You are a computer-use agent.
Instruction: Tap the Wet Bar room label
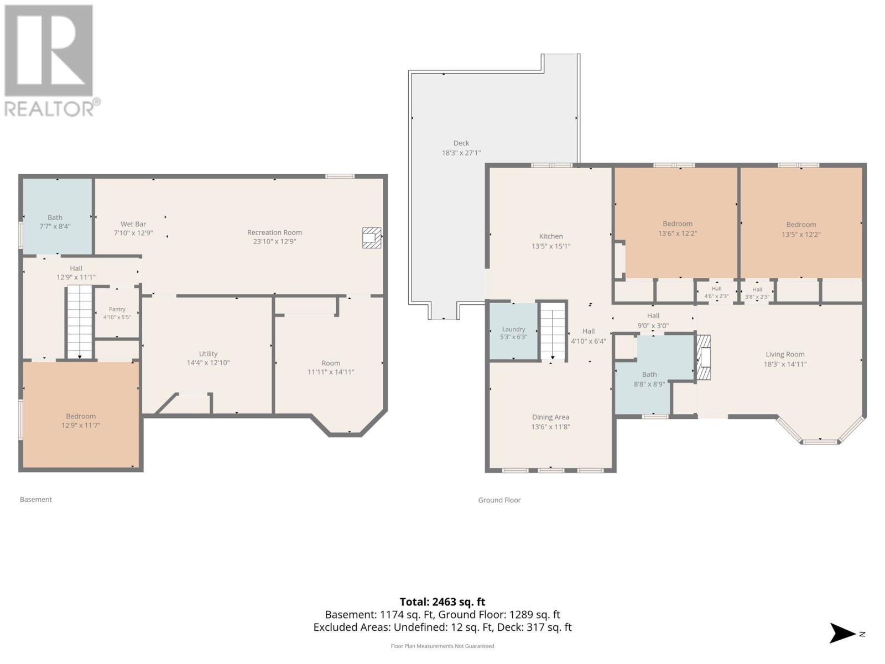pos(133,224)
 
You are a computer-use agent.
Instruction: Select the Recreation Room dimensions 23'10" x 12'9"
pos(274,241)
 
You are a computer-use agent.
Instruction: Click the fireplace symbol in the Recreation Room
pos(371,238)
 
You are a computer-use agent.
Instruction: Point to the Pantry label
pos(117,309)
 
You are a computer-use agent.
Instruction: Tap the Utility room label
pos(208,354)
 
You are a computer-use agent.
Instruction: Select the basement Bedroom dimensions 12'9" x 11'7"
pos(81,425)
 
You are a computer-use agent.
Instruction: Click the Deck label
pos(461,143)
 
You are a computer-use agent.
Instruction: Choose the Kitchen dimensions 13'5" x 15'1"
pos(551,246)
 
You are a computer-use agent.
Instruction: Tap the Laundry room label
pos(513,329)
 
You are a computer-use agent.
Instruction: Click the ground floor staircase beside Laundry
pos(553,330)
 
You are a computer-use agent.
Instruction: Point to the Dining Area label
pos(550,417)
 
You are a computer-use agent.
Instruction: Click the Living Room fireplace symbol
pos(703,357)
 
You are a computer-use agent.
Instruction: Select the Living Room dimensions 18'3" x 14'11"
pos(784,364)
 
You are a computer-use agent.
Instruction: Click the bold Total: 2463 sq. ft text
pos(442,602)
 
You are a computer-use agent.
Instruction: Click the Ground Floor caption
pos(499,500)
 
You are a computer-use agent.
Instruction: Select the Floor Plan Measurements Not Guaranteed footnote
pos(442,646)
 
